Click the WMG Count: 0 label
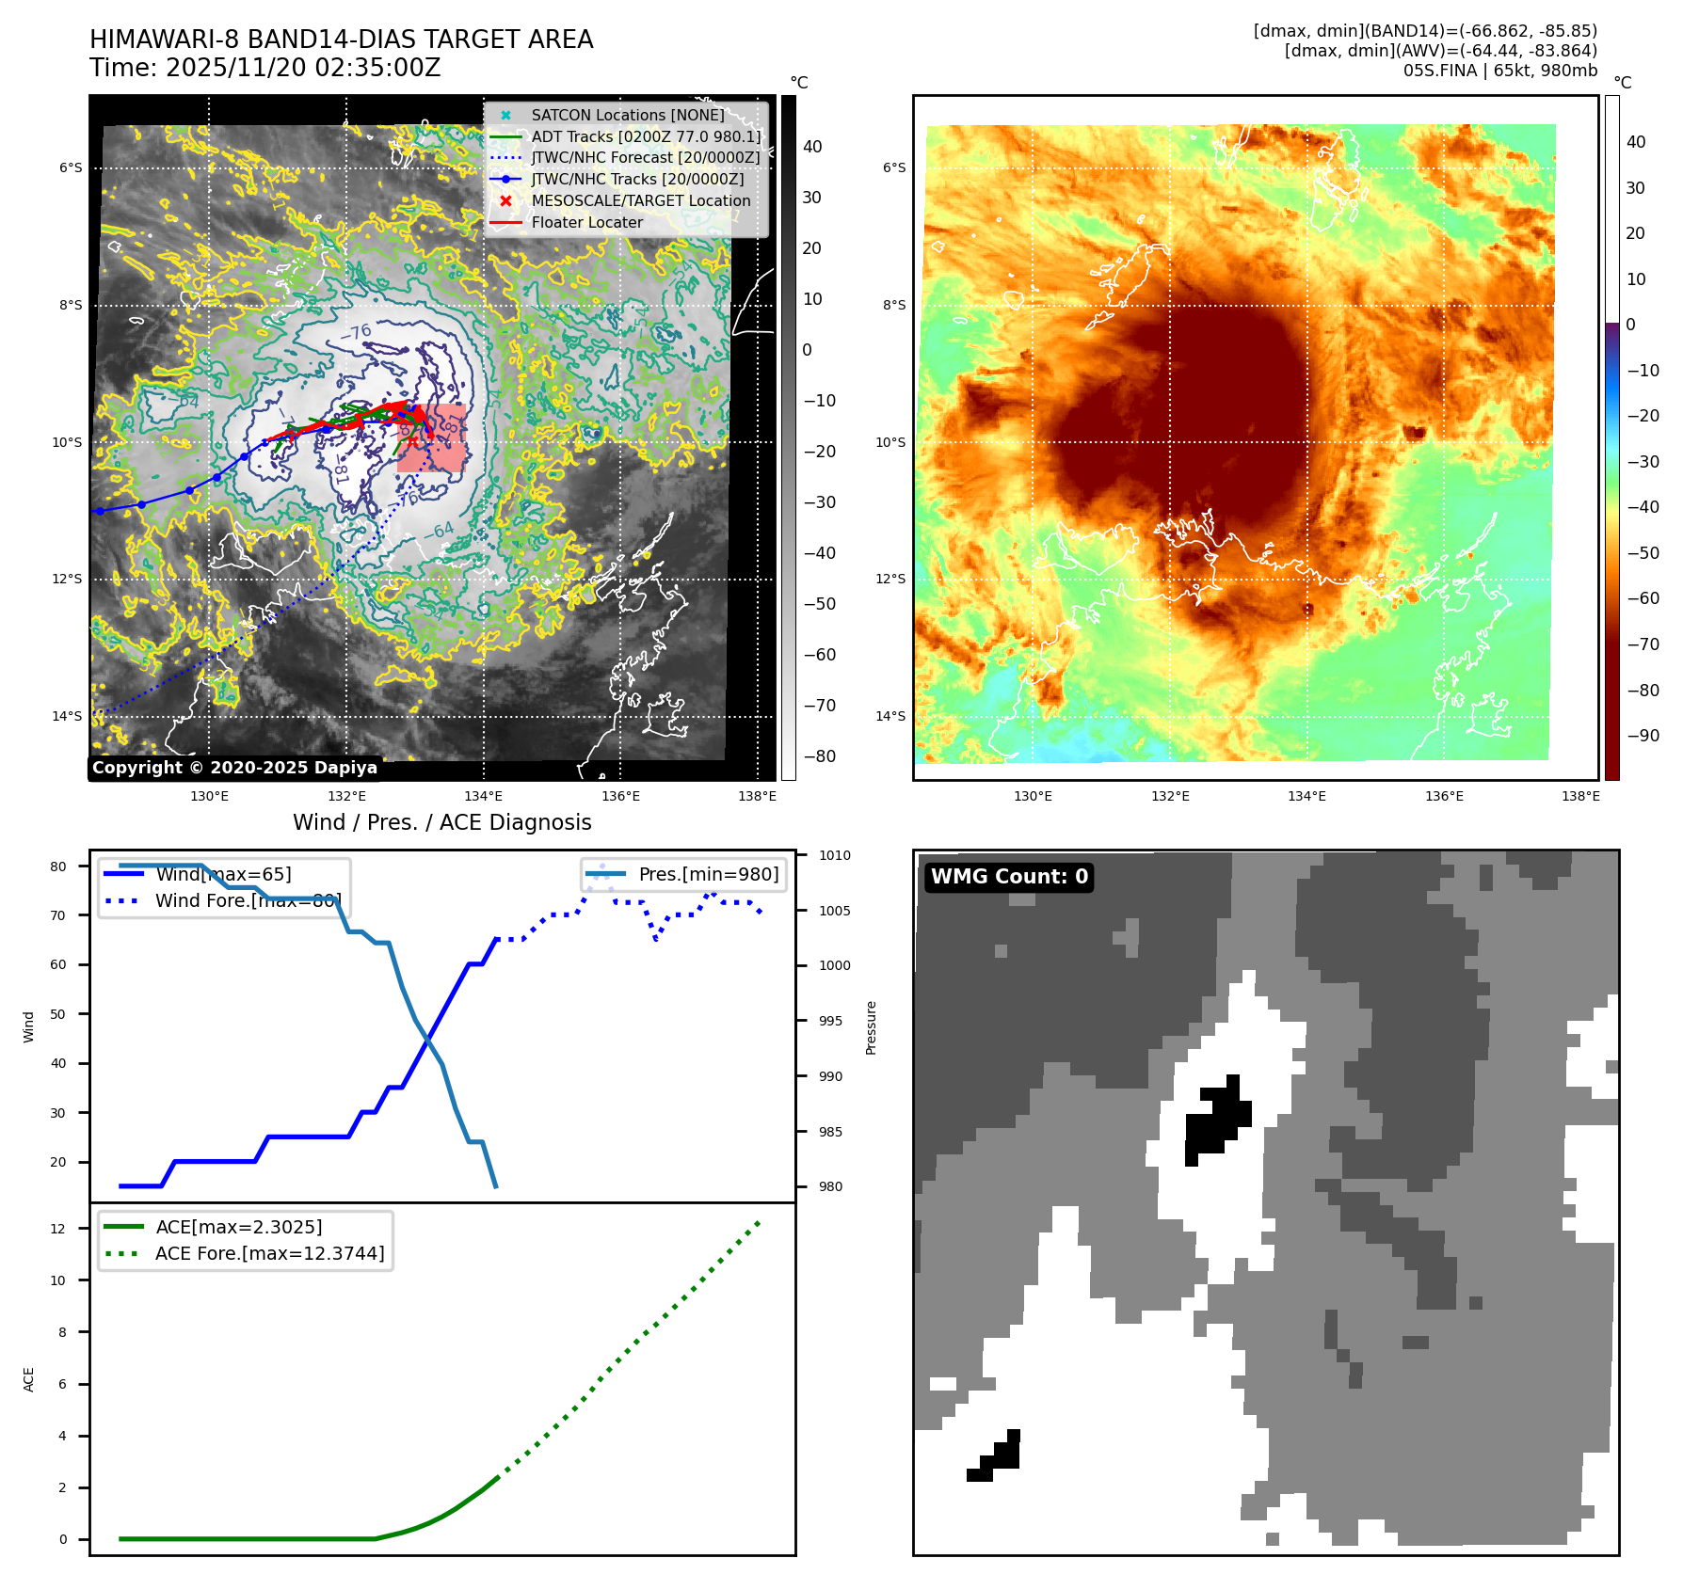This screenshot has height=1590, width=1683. (1008, 877)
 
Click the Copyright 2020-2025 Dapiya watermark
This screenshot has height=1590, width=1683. (234, 768)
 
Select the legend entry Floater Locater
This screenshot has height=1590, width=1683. (586, 223)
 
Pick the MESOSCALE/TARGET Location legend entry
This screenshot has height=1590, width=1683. (640, 201)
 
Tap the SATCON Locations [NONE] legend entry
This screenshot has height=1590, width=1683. (627, 116)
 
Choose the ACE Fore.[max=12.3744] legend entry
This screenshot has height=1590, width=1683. (269, 1254)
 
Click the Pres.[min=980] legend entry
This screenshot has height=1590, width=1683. (708, 875)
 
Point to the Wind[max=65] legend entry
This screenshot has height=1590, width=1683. (223, 875)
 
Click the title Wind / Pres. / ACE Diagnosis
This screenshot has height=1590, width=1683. (441, 823)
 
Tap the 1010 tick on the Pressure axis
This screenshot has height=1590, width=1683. (834, 856)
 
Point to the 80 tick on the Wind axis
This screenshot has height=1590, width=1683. (58, 867)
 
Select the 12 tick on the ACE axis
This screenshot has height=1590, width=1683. (58, 1229)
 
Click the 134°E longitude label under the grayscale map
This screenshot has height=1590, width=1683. (483, 797)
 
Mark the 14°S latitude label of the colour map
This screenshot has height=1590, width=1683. (891, 717)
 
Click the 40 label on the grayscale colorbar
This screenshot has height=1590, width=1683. (811, 147)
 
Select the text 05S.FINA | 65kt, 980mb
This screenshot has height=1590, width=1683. (1499, 71)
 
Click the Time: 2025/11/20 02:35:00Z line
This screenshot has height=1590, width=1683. (264, 69)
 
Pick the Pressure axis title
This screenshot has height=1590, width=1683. (872, 1027)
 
